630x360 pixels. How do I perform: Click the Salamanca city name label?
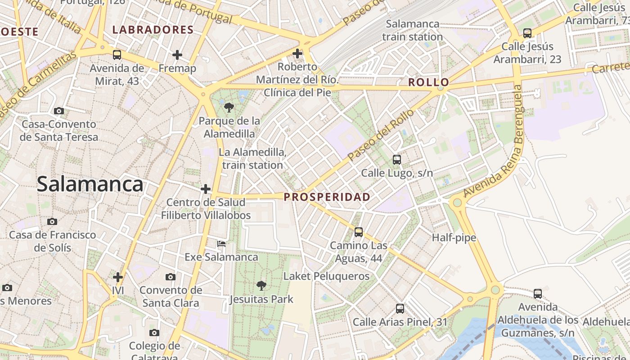pos(90,184)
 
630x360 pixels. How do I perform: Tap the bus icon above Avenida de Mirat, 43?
pos(117,55)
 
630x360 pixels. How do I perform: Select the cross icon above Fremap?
pos(177,55)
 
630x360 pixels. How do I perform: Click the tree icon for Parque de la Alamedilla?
pos(229,107)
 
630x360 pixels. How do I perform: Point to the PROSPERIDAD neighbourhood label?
pos(327,197)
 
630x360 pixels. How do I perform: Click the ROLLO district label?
pos(428,82)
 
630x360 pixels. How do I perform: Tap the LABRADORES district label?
pos(153,30)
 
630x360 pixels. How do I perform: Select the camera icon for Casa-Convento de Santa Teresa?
pos(59,111)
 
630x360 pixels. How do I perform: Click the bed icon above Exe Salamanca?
pos(221,244)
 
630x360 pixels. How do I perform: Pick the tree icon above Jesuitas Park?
pos(261,285)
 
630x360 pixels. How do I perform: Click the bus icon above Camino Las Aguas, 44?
pos(359,232)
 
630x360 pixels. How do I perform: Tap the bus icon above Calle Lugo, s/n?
pos(397,160)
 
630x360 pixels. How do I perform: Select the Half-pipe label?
pos(454,238)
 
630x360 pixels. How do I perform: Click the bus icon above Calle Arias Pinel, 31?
pos(400,309)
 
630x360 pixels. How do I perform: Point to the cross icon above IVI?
pos(118,277)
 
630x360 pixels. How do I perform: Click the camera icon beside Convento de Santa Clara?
pos(171,277)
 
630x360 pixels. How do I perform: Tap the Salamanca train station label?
pos(413,30)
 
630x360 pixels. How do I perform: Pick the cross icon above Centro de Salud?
pos(206,189)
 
